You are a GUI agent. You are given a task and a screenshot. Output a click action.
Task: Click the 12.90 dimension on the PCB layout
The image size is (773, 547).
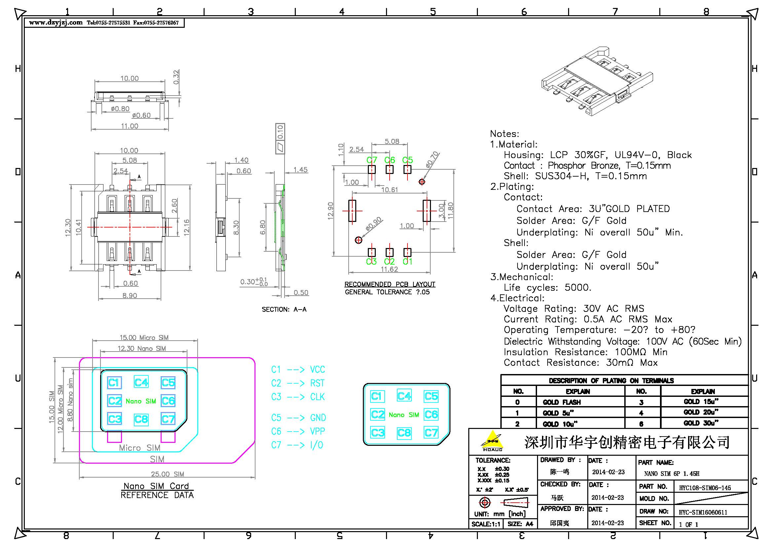pyautogui.click(x=330, y=211)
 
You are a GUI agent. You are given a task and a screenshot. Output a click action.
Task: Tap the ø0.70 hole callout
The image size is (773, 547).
pyautogui.click(x=432, y=159)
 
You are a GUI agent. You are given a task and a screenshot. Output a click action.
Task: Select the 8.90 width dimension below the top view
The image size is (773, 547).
pyautogui.click(x=130, y=295)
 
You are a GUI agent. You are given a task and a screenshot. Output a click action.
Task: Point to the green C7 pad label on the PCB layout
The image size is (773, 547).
pyautogui.click(x=372, y=160)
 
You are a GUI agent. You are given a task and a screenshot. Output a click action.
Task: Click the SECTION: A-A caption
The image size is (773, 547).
pyautogui.click(x=284, y=309)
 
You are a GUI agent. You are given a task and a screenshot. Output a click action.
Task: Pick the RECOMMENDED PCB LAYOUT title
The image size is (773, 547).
pyautogui.click(x=390, y=284)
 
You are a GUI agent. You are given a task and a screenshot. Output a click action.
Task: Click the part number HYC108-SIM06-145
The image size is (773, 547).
pyautogui.click(x=705, y=488)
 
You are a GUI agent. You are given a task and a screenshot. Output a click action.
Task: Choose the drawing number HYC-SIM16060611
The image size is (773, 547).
pyautogui.click(x=703, y=512)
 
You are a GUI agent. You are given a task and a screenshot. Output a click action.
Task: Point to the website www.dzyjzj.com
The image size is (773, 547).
pyautogui.click(x=56, y=22)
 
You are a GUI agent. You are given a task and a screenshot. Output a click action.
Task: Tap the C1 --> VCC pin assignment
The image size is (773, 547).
pyautogui.click(x=298, y=369)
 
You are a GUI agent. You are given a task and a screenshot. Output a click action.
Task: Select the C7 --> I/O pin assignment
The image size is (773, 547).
pyautogui.click(x=297, y=445)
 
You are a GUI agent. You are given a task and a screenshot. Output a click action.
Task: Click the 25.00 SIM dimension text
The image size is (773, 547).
pyautogui.click(x=167, y=474)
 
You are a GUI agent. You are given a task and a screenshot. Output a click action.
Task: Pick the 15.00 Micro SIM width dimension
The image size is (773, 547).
pyautogui.click(x=144, y=338)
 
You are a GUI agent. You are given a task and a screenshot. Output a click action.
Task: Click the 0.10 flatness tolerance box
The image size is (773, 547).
pyautogui.click(x=280, y=132)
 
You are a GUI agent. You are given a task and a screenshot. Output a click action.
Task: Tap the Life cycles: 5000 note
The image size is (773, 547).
pyautogui.click(x=547, y=287)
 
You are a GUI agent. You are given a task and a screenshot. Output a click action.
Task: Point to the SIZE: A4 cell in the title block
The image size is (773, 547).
pyautogui.click(x=520, y=524)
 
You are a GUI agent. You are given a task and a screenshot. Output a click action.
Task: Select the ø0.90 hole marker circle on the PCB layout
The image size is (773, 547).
pyautogui.click(x=359, y=240)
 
